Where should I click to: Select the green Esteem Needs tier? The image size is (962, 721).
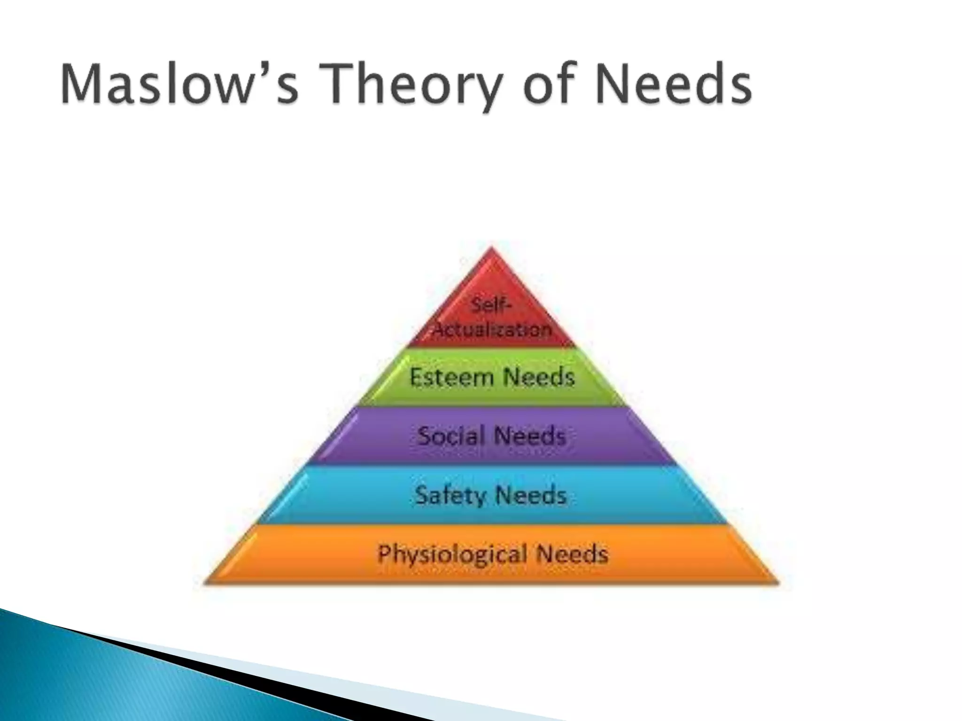[x=491, y=377]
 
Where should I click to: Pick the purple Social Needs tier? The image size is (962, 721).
[x=491, y=436]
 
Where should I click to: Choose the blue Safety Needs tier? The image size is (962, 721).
[x=491, y=495]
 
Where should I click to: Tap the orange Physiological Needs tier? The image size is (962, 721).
[x=491, y=554]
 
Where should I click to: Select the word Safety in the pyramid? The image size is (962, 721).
[x=450, y=496]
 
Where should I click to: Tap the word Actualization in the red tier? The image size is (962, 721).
[x=492, y=330]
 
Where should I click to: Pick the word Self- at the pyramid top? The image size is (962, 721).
[x=491, y=306]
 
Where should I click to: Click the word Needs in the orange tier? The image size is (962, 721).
[x=573, y=554]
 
